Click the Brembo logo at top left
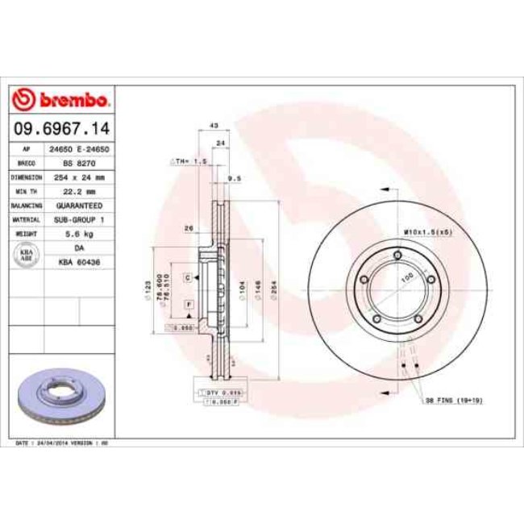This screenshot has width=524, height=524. (61, 100)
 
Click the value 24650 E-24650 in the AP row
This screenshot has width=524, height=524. (79, 150)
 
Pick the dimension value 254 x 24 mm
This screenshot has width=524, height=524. (79, 177)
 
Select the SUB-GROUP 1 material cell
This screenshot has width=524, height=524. (79, 218)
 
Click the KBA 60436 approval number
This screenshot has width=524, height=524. (79, 262)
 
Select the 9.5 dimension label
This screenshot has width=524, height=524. (235, 177)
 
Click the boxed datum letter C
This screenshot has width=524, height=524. (187, 277)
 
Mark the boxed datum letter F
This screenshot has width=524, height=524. (187, 303)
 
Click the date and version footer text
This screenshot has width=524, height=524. (62, 443)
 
